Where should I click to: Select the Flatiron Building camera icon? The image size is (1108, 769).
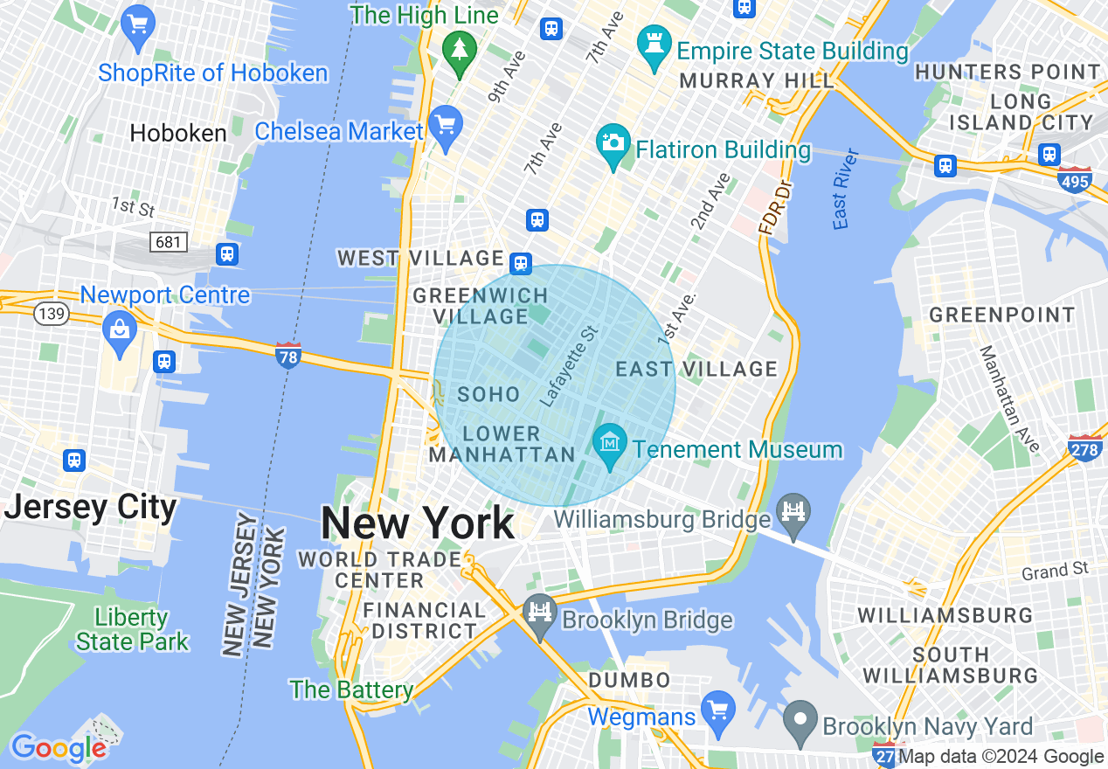point(613,142)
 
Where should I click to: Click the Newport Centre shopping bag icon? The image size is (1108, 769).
point(117,329)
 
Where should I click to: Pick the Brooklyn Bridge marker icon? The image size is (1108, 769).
point(541,612)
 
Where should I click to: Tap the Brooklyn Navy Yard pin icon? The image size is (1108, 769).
point(800,719)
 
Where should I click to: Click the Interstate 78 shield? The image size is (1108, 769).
point(288,356)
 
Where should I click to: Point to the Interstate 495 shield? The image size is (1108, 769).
point(1074,179)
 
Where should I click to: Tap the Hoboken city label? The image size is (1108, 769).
point(178,133)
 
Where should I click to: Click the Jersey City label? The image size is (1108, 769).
point(90,507)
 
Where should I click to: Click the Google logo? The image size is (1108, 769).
point(59,748)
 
